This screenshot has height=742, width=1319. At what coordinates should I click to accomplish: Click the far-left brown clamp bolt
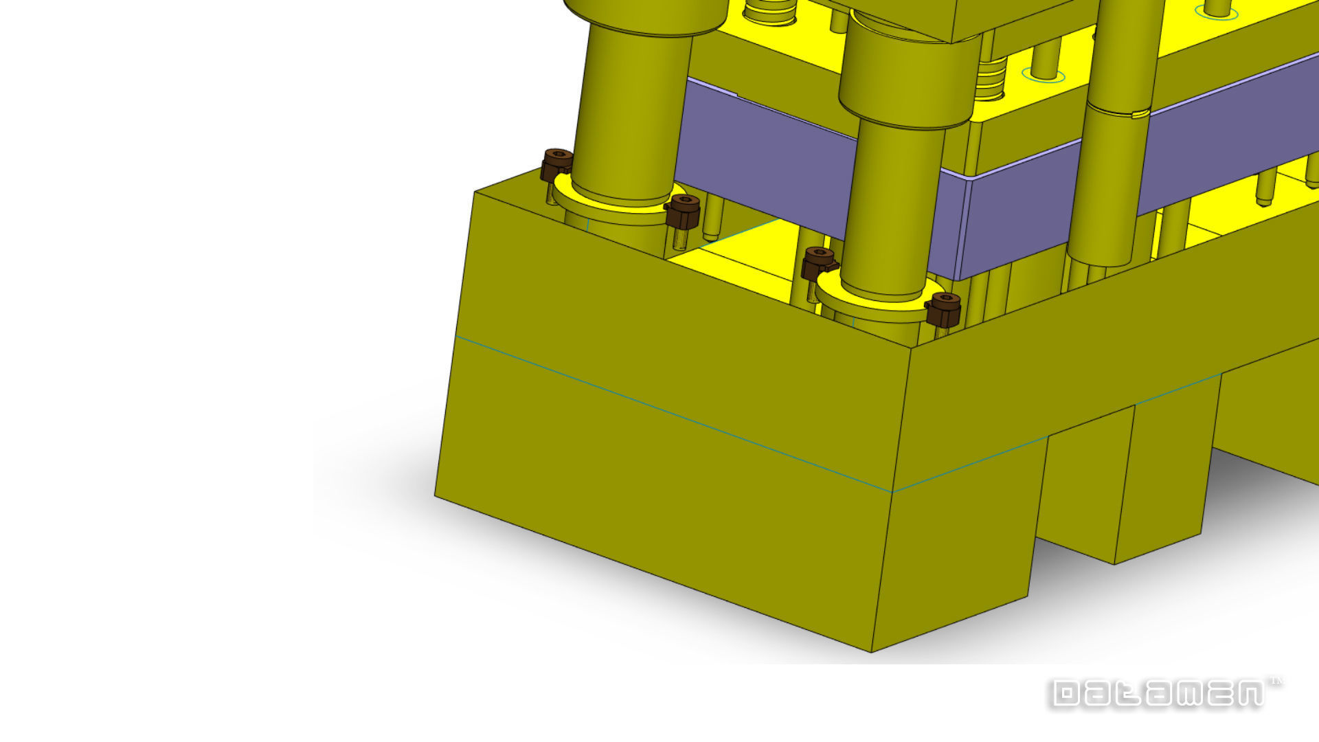(556, 164)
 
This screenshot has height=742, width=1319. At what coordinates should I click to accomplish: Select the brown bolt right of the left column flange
(684, 211)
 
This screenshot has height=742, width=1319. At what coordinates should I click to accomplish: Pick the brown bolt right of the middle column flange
(943, 308)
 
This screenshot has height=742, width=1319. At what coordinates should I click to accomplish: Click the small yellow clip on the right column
(1139, 113)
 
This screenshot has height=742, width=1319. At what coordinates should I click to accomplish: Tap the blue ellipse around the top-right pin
(1217, 12)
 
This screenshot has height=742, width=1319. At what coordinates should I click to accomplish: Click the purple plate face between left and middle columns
(763, 158)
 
